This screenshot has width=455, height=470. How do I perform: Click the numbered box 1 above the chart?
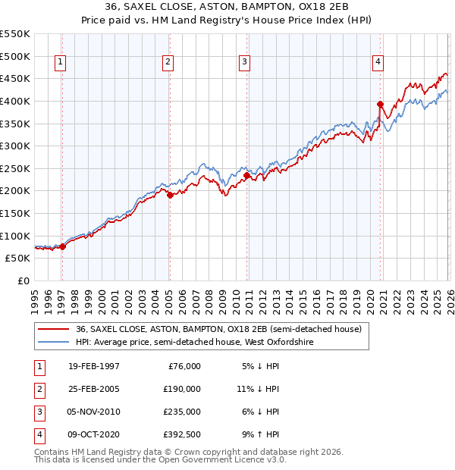(60, 63)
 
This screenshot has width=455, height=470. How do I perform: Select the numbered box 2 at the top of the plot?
(168, 63)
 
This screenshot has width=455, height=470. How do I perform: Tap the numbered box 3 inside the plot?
(244, 63)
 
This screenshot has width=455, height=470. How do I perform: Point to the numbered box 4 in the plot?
(377, 63)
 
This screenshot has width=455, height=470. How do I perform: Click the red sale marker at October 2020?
(380, 105)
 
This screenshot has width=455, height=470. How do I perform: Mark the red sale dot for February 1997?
(63, 246)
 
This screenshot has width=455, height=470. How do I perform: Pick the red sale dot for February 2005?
(170, 195)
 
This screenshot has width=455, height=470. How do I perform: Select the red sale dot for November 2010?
(247, 175)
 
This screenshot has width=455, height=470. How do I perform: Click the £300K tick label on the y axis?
(14, 146)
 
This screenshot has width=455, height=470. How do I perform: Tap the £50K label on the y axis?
(17, 258)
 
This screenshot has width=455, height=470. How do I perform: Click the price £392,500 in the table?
(183, 435)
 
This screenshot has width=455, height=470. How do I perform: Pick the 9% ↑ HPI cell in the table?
(260, 435)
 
